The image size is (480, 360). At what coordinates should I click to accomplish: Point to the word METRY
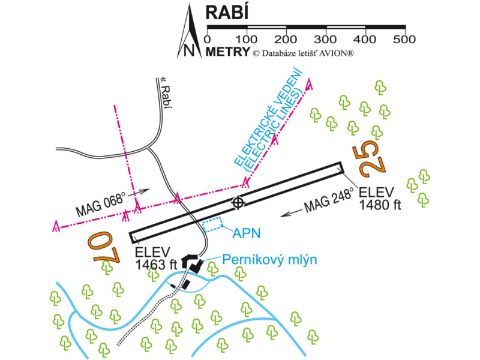click(x=227, y=52)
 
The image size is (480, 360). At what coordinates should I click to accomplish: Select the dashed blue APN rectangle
click(x=213, y=226)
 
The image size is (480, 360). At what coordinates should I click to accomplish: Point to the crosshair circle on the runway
click(x=238, y=203)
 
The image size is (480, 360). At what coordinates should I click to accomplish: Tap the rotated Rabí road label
click(x=166, y=94)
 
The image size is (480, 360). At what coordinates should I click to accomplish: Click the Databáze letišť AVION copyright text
click(x=304, y=53)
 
